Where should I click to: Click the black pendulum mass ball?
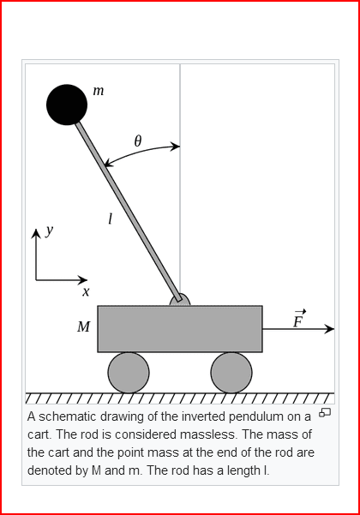click(x=67, y=105)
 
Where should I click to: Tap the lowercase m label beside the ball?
click(x=99, y=91)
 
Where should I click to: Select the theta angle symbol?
click(x=138, y=141)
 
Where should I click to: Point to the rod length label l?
click(x=111, y=219)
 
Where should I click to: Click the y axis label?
click(x=49, y=231)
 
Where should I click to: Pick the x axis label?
click(x=86, y=291)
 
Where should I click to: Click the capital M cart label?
click(x=83, y=326)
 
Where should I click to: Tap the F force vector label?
click(x=298, y=319)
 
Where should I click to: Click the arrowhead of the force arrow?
click(x=329, y=329)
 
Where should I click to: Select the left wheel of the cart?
click(x=129, y=373)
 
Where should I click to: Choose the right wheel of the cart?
click(x=231, y=373)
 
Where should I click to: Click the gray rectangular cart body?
click(x=180, y=329)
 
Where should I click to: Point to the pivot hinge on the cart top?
click(x=180, y=300)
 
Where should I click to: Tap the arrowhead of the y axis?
click(x=36, y=233)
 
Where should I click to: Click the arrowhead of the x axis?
click(x=83, y=280)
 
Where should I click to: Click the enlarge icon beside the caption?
click(x=325, y=412)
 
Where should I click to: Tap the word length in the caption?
click(x=243, y=470)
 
